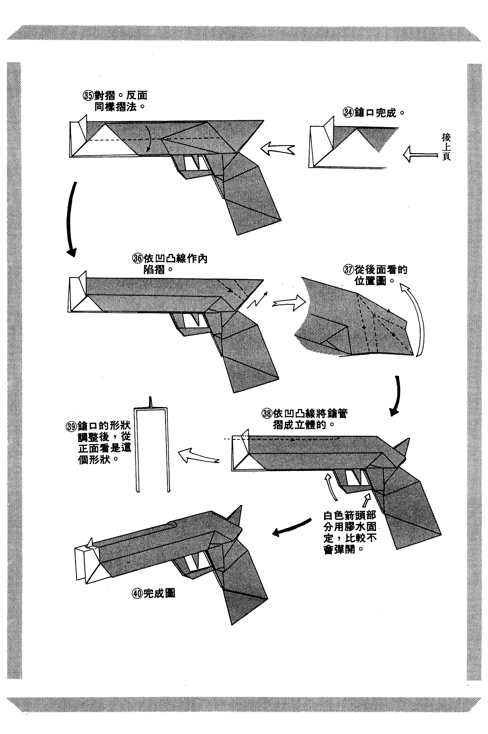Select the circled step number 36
pos(137,258)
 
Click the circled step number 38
pos(267,414)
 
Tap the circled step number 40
pos(137,593)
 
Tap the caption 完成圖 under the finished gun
pos(159,593)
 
